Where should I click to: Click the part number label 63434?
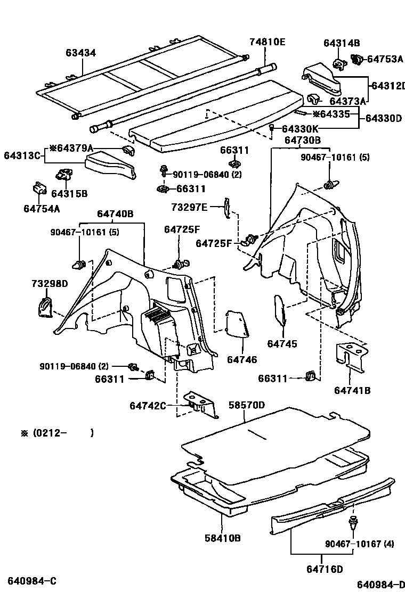click(x=81, y=53)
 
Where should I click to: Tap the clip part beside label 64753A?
click(x=357, y=60)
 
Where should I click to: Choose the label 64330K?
click(x=300, y=129)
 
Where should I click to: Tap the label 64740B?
click(x=115, y=214)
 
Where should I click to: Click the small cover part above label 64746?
click(x=238, y=324)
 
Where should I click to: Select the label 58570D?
click(x=247, y=405)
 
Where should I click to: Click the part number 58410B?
click(x=223, y=538)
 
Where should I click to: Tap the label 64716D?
click(x=325, y=569)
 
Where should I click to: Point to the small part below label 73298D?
click(x=45, y=308)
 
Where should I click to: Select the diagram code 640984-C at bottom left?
click(x=31, y=580)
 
